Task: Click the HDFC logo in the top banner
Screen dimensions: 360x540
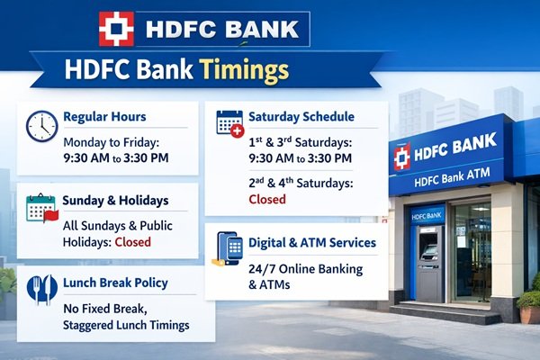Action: click(x=116, y=29)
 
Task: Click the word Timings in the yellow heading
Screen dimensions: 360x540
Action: click(x=244, y=70)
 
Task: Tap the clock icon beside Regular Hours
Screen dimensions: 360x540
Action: click(x=42, y=126)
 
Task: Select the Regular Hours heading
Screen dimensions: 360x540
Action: click(x=104, y=116)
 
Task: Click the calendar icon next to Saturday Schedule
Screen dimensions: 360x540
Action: click(x=230, y=122)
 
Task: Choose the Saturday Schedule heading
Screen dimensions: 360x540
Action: click(x=303, y=116)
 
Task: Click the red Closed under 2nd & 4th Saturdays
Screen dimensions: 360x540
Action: click(x=266, y=198)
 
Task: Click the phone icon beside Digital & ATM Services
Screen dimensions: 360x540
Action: click(x=230, y=249)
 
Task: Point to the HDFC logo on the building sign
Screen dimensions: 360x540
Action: click(x=402, y=156)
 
